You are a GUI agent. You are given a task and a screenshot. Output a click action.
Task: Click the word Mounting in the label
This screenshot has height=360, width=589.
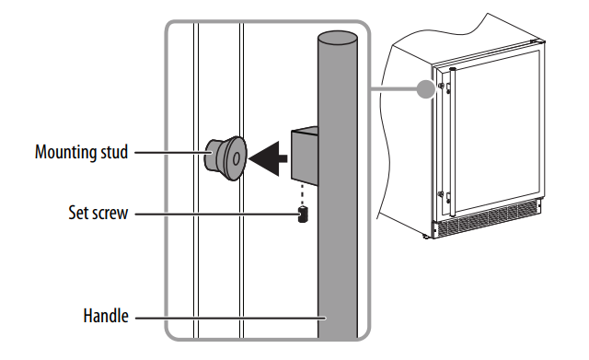pyautogui.click(x=65, y=153)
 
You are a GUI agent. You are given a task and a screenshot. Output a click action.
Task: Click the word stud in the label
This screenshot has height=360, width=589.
pyautogui.click(x=114, y=152)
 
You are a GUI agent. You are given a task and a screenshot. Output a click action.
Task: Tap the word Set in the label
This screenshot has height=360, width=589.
pyautogui.click(x=77, y=213)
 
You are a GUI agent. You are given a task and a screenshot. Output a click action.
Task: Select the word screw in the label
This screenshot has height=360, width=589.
pyautogui.click(x=110, y=214)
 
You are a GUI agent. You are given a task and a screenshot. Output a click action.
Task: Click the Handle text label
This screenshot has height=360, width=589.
pyautogui.click(x=106, y=316)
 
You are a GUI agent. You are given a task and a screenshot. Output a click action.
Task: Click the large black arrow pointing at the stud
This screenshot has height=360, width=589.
pyautogui.click(x=268, y=158)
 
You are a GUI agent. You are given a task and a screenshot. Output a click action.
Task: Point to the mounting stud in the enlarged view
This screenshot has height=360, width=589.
pyautogui.click(x=225, y=158)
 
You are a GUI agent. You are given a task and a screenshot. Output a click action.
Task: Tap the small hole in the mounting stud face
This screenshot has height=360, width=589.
pyautogui.click(x=237, y=159)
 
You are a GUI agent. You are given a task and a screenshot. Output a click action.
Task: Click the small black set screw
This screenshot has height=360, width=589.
pyautogui.click(x=303, y=215)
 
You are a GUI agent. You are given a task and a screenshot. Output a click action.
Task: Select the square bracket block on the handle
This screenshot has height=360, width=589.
pyautogui.click(x=305, y=156)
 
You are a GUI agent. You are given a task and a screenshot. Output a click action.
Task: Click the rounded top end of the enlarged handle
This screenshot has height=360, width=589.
pyautogui.click(x=338, y=39)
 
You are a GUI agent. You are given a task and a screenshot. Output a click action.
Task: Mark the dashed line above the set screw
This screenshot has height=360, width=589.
pyautogui.click(x=301, y=194)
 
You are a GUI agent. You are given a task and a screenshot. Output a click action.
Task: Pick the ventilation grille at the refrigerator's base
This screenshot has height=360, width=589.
pyautogui.click(x=489, y=219)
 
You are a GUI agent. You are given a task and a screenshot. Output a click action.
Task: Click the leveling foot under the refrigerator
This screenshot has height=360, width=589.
pyautogui.click(x=426, y=237)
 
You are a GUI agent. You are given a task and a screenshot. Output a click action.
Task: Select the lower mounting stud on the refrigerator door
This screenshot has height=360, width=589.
pyautogui.click(x=441, y=194)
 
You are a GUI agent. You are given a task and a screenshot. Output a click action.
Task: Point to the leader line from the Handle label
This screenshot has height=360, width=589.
pyautogui.click(x=231, y=318)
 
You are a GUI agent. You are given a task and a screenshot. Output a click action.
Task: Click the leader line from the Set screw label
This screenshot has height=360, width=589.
pyautogui.click(x=216, y=215)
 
